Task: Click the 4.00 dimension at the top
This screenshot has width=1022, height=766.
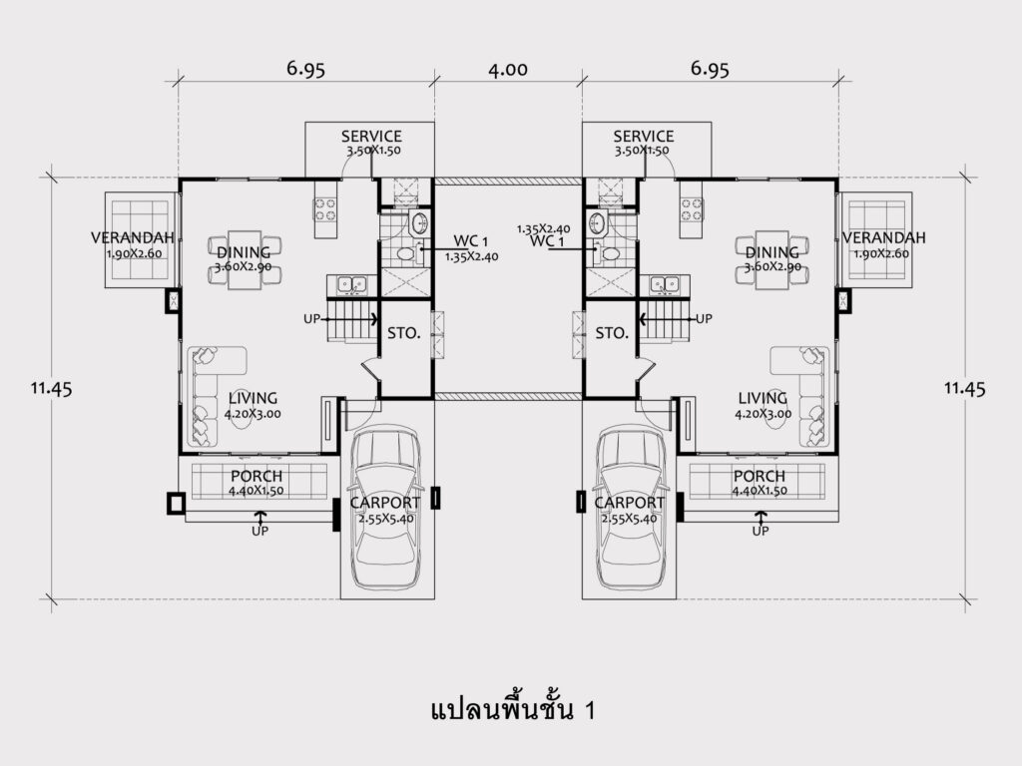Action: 508,69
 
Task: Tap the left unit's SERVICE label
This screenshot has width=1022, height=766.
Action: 371,136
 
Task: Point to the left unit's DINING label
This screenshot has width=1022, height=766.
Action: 244,252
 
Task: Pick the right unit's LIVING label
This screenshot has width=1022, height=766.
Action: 763,398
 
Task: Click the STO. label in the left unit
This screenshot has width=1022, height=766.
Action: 404,333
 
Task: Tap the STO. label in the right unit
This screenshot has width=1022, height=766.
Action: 612,333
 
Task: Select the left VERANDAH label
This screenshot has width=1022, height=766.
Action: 133,237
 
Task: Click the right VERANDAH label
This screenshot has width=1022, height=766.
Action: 884,237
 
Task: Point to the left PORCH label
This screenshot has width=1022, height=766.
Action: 256,476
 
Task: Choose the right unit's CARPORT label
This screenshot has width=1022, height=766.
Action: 629,503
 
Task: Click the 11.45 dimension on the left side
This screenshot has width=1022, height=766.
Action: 52,389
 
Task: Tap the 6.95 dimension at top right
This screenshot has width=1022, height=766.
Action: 710,69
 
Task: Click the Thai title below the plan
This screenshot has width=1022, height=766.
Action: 514,709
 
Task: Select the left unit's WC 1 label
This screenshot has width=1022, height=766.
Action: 471,241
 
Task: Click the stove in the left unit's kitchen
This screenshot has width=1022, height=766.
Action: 325,209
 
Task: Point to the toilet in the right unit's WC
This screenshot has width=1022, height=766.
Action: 608,253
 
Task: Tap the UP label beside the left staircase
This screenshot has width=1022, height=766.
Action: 311,319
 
